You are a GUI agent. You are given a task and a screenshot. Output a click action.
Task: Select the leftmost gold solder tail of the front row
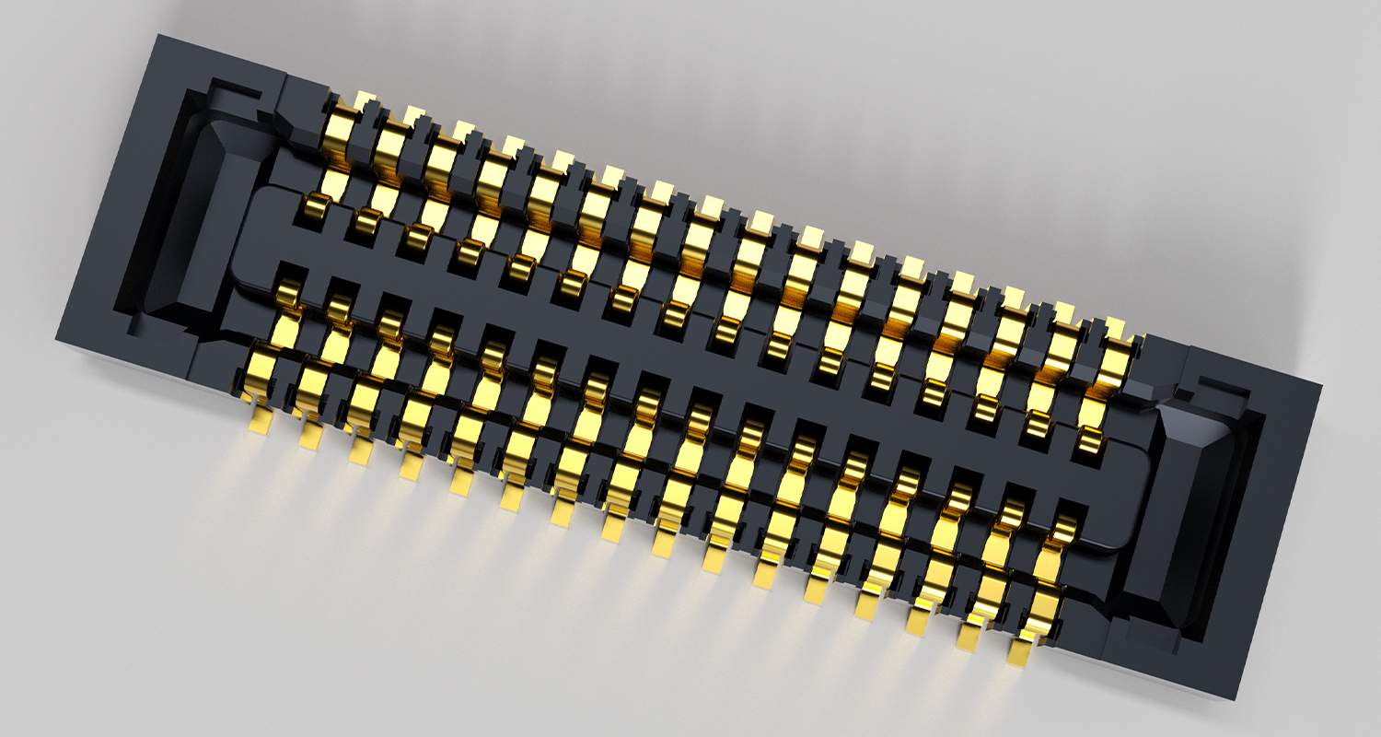point(261,421)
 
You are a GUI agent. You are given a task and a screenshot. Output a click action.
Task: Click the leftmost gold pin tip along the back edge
point(366,99)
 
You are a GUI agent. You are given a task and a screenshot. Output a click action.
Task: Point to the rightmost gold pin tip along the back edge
point(1117,327)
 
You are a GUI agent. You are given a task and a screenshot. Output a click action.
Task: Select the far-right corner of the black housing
point(1322,387)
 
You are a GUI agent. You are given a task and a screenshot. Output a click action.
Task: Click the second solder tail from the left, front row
point(309,436)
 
